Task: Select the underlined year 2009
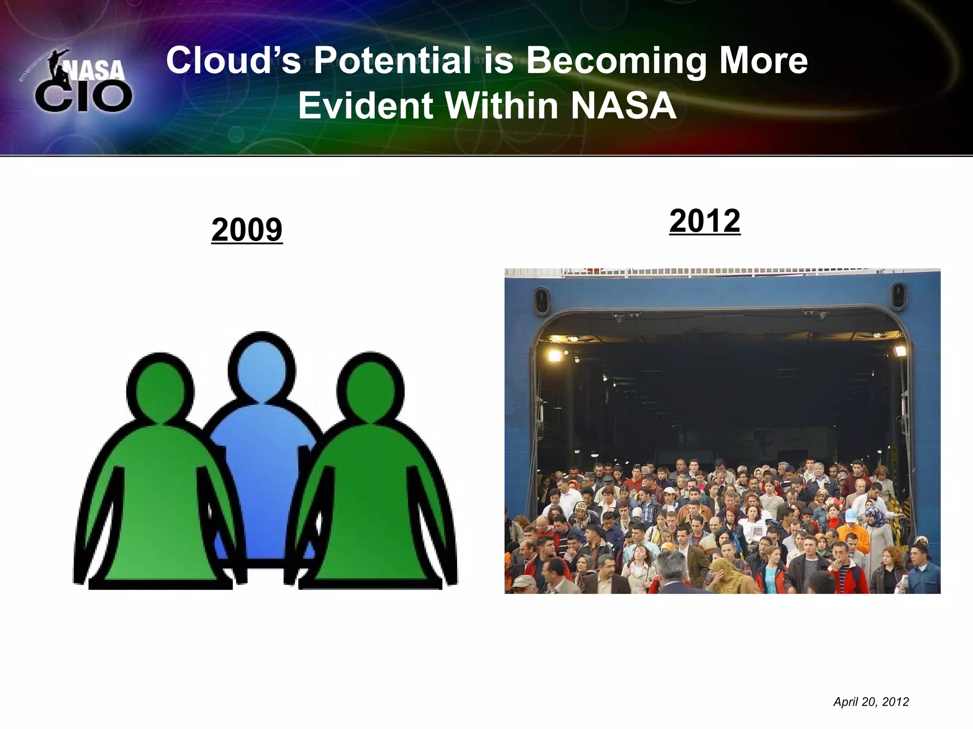247,230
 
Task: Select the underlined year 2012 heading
705,221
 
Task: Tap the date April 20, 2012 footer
871,702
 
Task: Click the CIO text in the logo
84,96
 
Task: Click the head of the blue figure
262,367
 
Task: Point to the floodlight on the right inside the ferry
898,352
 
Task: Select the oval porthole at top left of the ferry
542,301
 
